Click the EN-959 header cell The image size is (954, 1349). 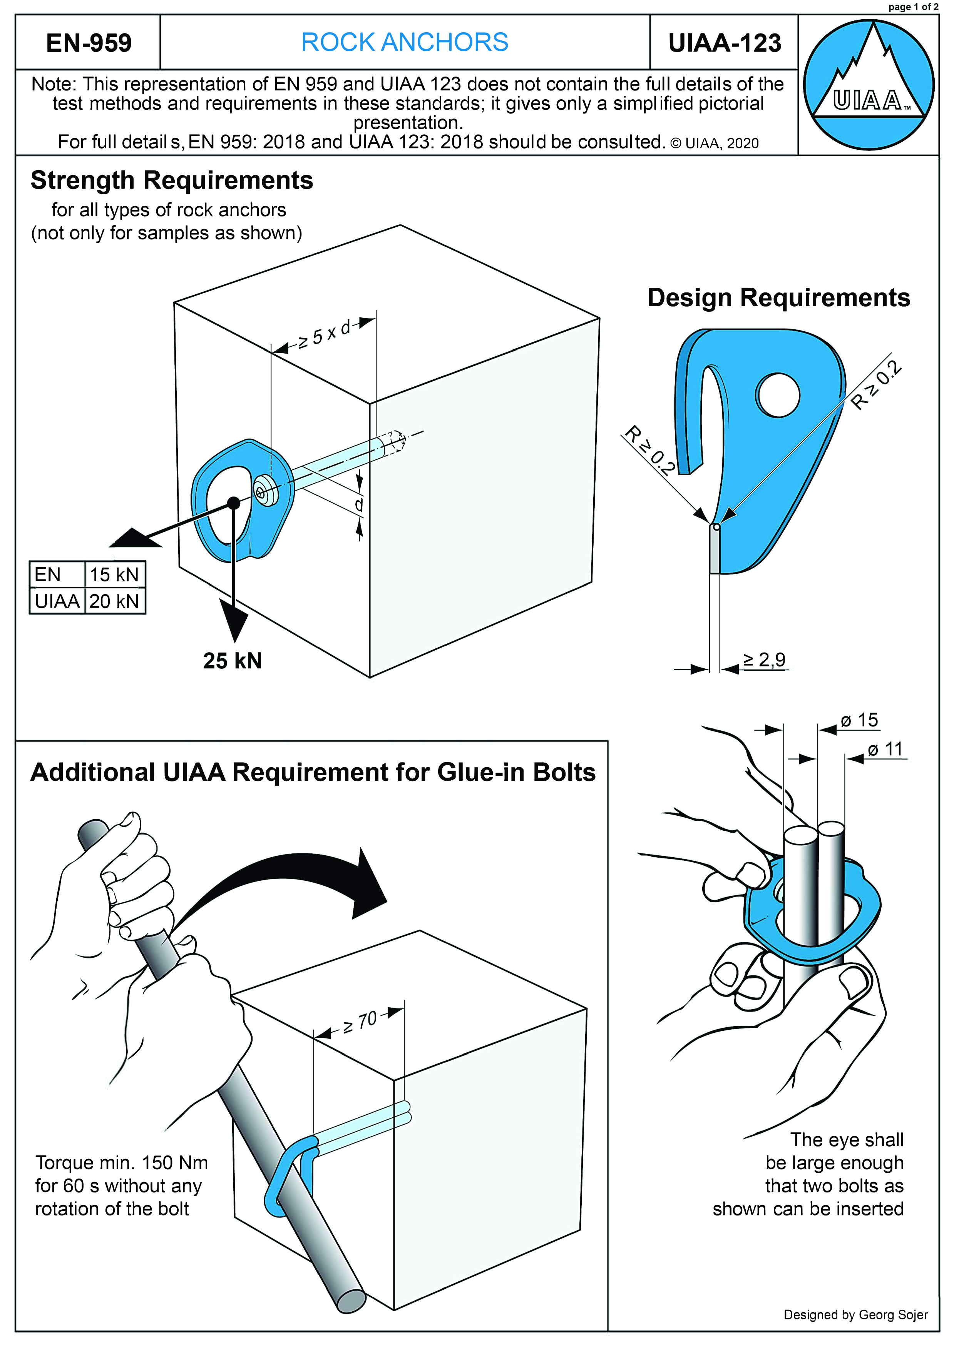(88, 43)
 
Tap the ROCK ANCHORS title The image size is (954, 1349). (404, 42)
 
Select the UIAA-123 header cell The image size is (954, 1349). (724, 43)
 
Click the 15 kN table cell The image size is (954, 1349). (114, 574)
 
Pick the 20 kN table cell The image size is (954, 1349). (114, 601)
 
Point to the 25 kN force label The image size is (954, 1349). (232, 661)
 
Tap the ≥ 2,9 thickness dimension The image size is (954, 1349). (764, 660)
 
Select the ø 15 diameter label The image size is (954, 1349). (859, 720)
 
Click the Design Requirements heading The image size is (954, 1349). (778, 298)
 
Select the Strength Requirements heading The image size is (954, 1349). (172, 180)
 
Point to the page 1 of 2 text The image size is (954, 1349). (913, 7)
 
